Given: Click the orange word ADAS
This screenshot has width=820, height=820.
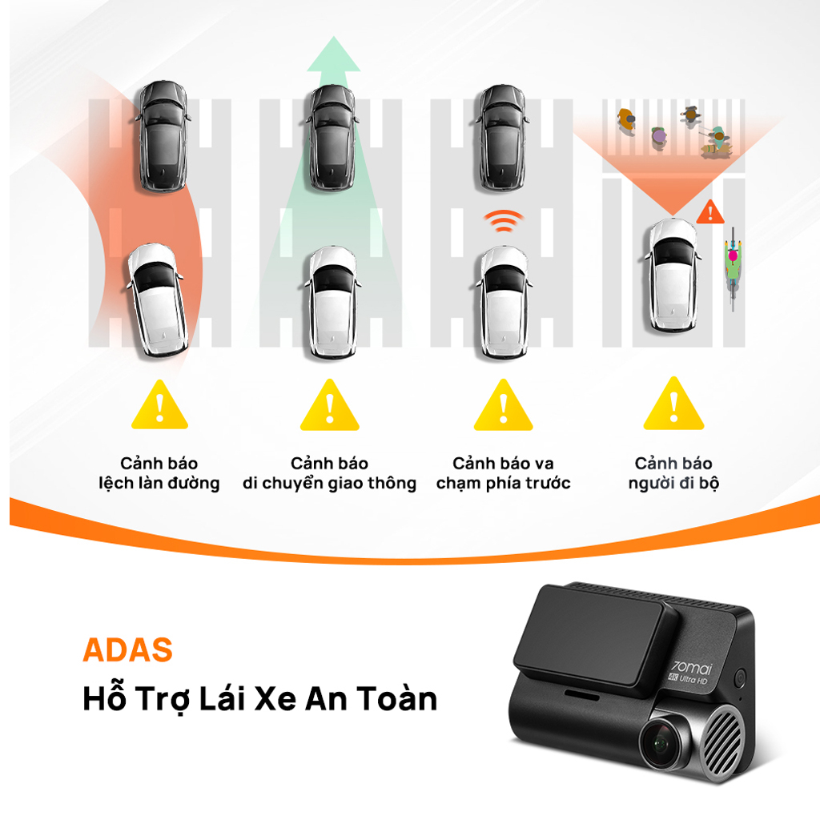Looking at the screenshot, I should click(x=127, y=650).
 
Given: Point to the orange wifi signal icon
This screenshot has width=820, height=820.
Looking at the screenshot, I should click(x=503, y=220).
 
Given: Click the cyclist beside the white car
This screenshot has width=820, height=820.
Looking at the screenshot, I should click(x=731, y=265).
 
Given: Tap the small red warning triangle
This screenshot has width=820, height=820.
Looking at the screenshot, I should click(x=707, y=213).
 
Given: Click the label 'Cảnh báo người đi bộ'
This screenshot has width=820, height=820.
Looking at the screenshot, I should click(x=673, y=473).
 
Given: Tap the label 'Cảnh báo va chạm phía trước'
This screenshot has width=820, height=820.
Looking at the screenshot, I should click(x=503, y=473).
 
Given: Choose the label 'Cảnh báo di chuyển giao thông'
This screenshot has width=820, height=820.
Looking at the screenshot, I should click(x=330, y=473).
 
